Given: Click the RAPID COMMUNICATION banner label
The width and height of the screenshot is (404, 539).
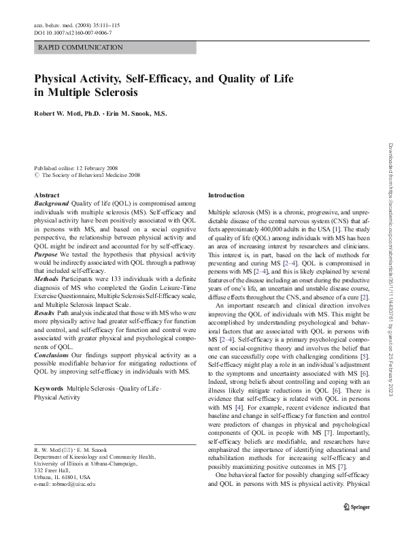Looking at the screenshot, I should [81, 48].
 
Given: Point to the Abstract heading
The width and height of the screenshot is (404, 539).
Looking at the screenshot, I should [46, 195].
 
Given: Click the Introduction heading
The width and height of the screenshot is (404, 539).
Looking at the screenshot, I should [225, 195].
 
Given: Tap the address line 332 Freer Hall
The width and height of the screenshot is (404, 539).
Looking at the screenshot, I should [54, 470].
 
